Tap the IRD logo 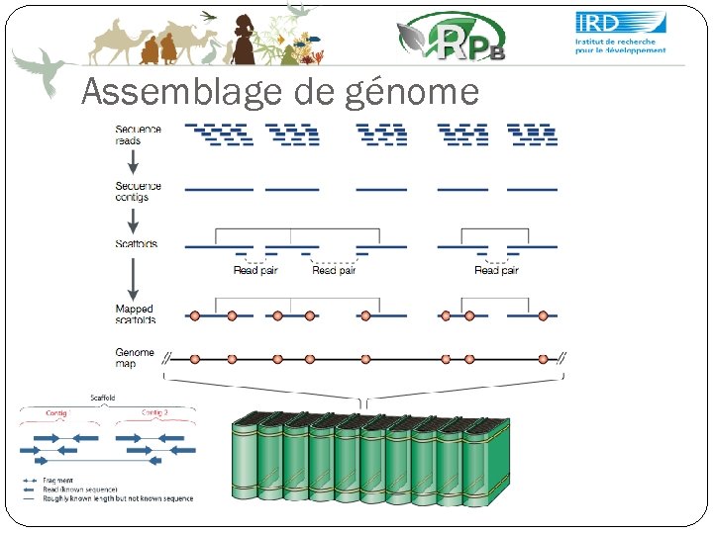[x=621, y=33]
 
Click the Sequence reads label [x=138, y=134]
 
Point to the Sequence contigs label [x=138, y=191]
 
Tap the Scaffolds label [x=136, y=243]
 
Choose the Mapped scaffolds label [x=135, y=314]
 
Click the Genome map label [x=135, y=358]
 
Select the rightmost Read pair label [x=495, y=270]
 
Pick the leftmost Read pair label [x=255, y=270]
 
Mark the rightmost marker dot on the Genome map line [x=543, y=358]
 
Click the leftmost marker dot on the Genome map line [x=195, y=358]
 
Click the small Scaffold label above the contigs [x=103, y=398]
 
